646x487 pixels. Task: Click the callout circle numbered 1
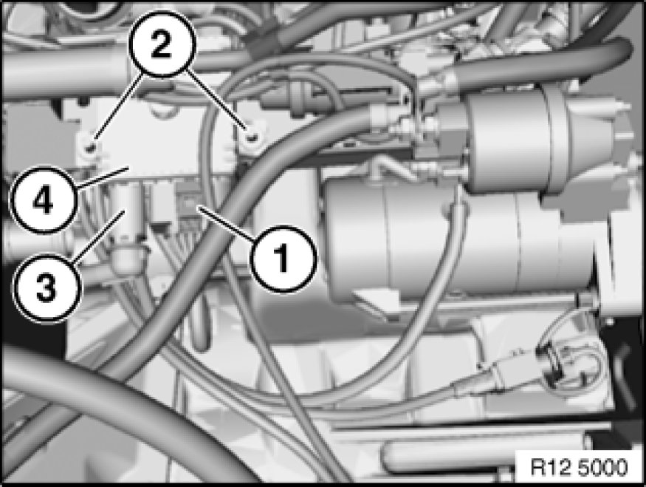pos(284,259)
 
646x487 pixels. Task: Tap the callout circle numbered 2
pos(161,44)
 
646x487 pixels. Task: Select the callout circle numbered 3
pos(46,287)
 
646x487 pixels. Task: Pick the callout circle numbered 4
pos(43,201)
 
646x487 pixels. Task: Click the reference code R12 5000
pos(579,467)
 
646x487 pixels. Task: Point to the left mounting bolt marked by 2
pos(92,147)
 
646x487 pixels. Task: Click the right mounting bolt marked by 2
pos(253,137)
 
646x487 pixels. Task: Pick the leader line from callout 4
pos(102,177)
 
